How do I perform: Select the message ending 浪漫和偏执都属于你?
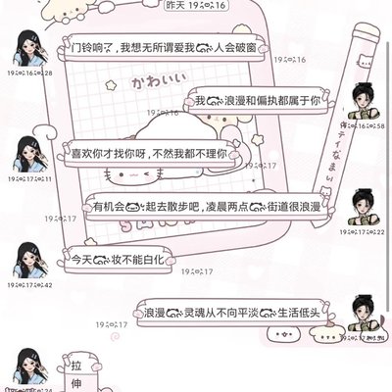[264, 101]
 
